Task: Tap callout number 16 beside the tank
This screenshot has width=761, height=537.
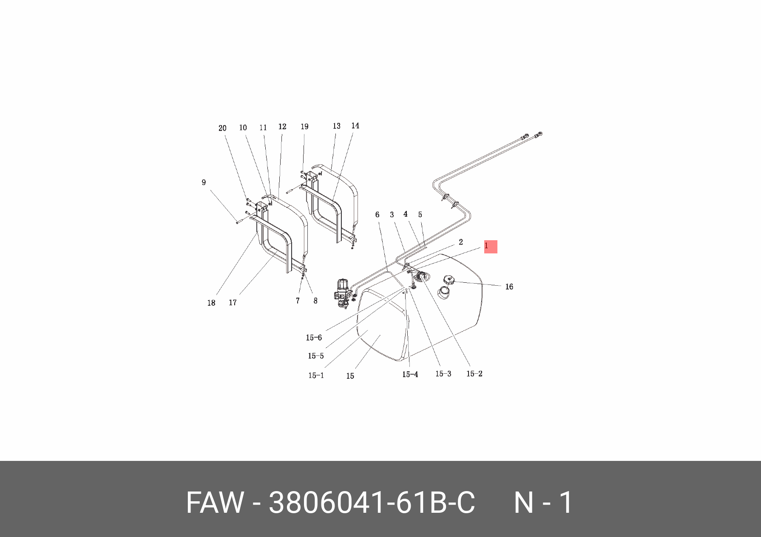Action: pyautogui.click(x=509, y=287)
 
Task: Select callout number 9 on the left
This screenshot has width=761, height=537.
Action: pyautogui.click(x=204, y=182)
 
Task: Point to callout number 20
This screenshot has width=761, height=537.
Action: pyautogui.click(x=222, y=128)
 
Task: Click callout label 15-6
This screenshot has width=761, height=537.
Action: pyautogui.click(x=314, y=338)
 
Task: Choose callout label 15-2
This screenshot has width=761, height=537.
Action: pyautogui.click(x=474, y=374)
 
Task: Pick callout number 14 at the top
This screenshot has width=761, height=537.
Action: pyautogui.click(x=355, y=126)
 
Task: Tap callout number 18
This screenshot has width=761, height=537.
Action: pyautogui.click(x=211, y=303)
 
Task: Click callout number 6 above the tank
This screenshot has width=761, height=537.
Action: pyautogui.click(x=377, y=215)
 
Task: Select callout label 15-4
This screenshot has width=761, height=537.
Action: pyautogui.click(x=410, y=374)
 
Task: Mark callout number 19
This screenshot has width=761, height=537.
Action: pyautogui.click(x=304, y=127)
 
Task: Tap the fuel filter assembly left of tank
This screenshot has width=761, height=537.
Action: pyautogui.click(x=343, y=293)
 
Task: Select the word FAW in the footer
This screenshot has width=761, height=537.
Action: pyautogui.click(x=215, y=503)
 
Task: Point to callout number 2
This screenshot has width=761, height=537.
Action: pyautogui.click(x=460, y=242)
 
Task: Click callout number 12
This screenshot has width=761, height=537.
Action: pyautogui.click(x=282, y=127)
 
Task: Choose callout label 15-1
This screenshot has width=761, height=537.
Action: pyautogui.click(x=316, y=375)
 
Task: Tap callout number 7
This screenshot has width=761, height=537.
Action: pyautogui.click(x=298, y=301)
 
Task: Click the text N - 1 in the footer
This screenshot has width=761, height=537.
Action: pyautogui.click(x=543, y=503)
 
